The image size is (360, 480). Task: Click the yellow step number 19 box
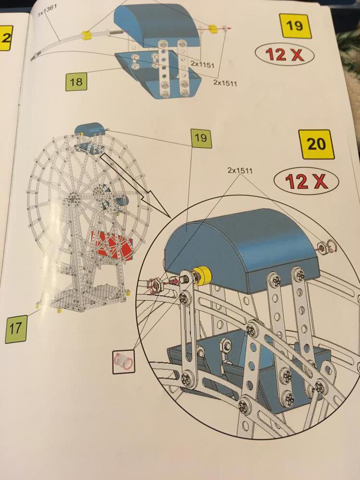(295, 25)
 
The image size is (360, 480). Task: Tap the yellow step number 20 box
(317, 144)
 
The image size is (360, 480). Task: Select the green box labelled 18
(76, 82)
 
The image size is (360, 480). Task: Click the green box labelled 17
(16, 329)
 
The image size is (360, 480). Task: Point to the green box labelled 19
(201, 138)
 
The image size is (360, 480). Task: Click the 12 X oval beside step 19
(284, 55)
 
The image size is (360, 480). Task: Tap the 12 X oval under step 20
(306, 181)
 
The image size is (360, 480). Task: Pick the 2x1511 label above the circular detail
(240, 170)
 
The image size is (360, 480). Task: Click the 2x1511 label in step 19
(225, 82)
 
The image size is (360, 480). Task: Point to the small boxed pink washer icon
(124, 362)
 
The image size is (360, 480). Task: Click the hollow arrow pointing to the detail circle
(135, 185)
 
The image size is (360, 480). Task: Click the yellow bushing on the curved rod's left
(86, 36)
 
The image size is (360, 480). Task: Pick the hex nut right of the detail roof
(323, 246)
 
